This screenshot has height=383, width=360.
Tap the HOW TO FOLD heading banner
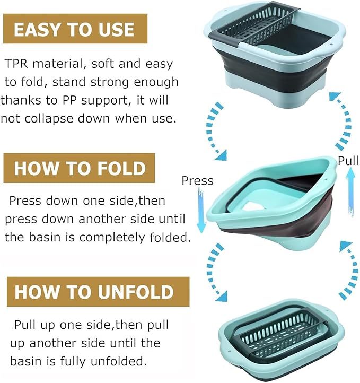tap(80, 168)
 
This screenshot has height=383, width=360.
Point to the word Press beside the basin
tap(197, 181)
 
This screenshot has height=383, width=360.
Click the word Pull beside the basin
tap(348, 161)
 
